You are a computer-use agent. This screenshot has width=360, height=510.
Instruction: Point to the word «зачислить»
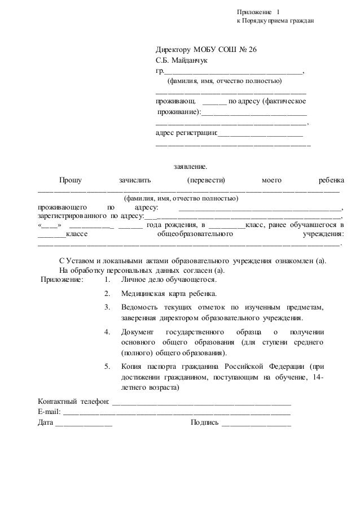point(135,181)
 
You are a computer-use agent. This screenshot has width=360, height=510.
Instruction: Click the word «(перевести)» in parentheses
point(205,181)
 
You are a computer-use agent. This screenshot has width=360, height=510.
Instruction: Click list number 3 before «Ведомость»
point(107,307)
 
